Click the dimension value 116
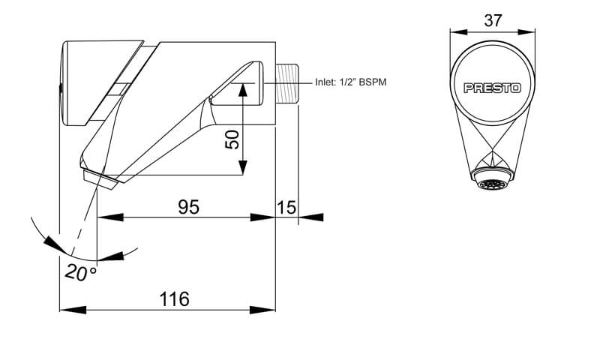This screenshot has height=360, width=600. point(175,299)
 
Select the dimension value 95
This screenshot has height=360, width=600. point(189,207)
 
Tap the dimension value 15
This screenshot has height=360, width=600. point(286,207)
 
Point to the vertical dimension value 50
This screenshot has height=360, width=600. point(232,139)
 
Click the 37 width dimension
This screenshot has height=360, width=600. point(493,21)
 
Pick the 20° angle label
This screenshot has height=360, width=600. point(81,273)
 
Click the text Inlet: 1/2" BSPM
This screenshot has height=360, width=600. point(350,82)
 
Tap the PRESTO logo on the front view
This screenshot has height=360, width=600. point(493,88)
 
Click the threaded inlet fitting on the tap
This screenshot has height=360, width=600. point(286,83)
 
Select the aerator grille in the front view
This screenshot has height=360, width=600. point(492,185)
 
